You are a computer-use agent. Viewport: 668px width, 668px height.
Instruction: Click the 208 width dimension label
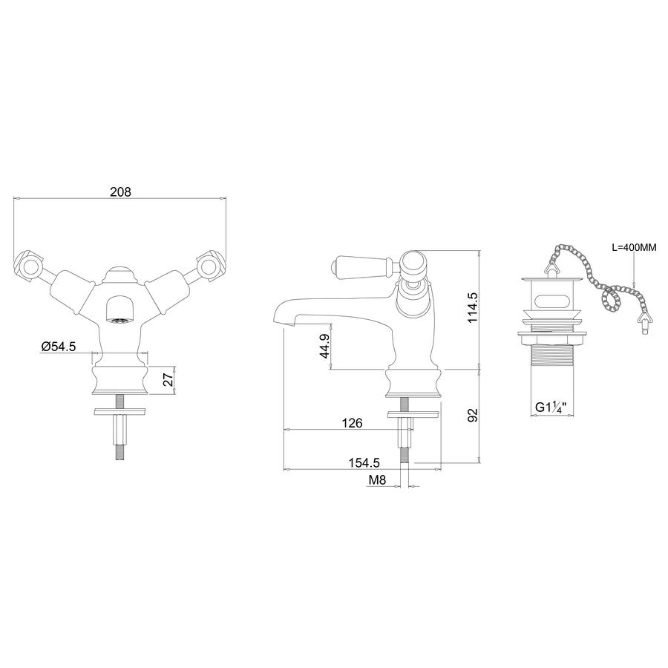pyautogui.click(x=120, y=192)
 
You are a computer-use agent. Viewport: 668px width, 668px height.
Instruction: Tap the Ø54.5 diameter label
pyautogui.click(x=59, y=347)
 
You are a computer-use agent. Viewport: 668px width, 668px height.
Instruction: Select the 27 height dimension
pyautogui.click(x=168, y=379)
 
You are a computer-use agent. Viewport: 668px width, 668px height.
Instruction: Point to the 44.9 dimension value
pyautogui.click(x=324, y=346)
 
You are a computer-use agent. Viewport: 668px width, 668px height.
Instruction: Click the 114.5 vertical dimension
pyautogui.click(x=473, y=307)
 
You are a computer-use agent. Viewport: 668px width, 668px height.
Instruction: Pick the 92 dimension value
pyautogui.click(x=473, y=415)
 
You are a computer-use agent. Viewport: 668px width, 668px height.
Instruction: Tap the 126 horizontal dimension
pyautogui.click(x=353, y=423)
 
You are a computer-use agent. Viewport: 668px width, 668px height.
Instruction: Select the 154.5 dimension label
pyautogui.click(x=364, y=462)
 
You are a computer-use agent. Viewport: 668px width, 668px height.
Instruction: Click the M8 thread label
pyautogui.click(x=377, y=480)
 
